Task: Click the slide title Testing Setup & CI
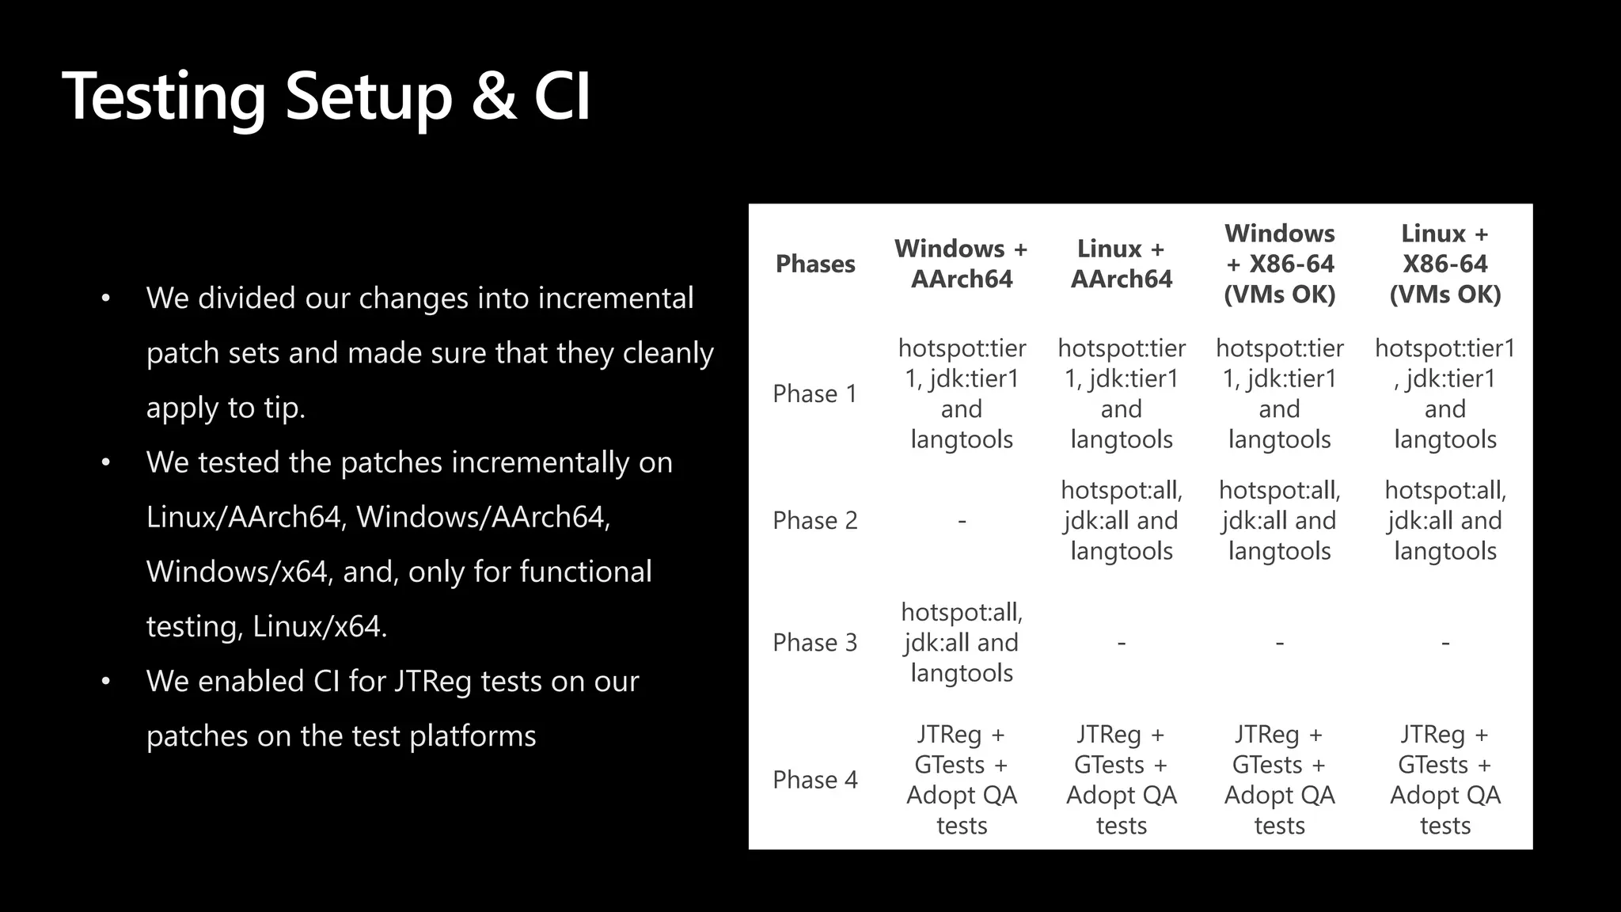point(326,97)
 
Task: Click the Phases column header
point(815,264)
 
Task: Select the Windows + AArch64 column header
point(961,264)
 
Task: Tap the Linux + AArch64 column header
point(1121,264)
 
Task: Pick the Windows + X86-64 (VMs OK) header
point(1279,264)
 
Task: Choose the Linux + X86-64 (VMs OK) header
point(1444,264)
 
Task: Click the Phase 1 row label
point(815,393)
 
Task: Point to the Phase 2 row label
point(815,520)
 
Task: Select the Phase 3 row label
point(815,642)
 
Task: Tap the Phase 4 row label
point(815,780)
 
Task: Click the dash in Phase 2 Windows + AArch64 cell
point(962,521)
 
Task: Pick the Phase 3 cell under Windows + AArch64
point(962,642)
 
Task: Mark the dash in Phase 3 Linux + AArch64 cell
point(1121,643)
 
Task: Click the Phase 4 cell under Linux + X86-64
point(1444,780)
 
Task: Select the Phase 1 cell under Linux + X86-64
point(1444,393)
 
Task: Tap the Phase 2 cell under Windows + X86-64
point(1279,520)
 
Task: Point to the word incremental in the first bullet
point(615,298)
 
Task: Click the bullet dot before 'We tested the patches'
point(106,462)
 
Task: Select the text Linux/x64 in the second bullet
point(318,627)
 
